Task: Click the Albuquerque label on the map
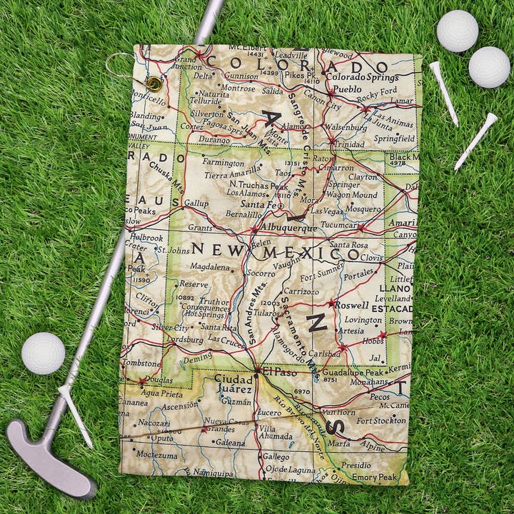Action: pos(288,228)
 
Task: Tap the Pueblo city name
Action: pos(348,90)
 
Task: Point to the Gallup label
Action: pos(196,203)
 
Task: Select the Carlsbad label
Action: pos(326,353)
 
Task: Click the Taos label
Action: pos(284,173)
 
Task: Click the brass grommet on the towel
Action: pos(153,84)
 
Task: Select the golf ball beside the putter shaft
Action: pos(44,353)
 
